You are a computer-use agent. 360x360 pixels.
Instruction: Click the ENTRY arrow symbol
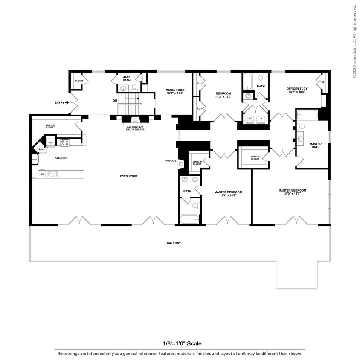[67, 102]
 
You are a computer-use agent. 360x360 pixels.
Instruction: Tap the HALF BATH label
[126, 79]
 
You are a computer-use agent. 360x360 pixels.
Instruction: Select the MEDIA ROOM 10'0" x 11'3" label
[175, 92]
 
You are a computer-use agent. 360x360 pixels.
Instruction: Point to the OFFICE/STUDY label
[296, 90]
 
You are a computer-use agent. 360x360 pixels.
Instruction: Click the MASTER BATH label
[316, 145]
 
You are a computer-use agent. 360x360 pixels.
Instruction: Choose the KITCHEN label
[61, 158]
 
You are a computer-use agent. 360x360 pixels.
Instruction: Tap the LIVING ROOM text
[128, 176]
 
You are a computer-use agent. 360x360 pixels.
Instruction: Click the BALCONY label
[174, 243]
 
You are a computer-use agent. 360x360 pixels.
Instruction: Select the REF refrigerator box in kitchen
[51, 142]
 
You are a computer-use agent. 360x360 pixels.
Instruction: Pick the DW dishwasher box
[42, 174]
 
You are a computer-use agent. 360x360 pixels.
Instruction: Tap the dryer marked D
[261, 118]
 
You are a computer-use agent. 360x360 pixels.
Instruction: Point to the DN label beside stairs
[115, 101]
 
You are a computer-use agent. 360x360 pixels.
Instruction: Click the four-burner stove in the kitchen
[65, 142]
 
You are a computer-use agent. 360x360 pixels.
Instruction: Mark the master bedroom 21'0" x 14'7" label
[292, 192]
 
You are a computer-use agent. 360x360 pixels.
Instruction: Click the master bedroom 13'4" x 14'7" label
[228, 194]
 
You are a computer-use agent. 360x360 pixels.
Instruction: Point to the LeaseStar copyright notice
[354, 41]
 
